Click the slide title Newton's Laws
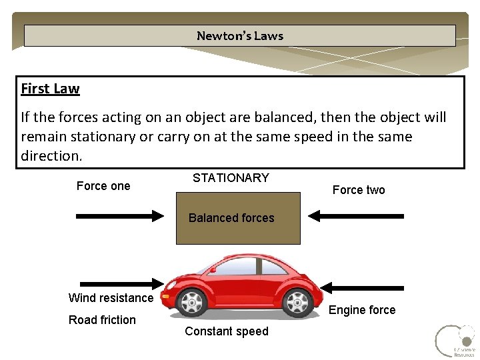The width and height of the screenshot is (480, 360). [x=240, y=36]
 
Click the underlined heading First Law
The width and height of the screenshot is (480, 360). [x=50, y=89]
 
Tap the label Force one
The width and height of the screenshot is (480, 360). [x=103, y=186]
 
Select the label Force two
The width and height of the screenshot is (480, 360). [x=359, y=190]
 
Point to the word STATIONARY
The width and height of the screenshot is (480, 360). [x=231, y=178]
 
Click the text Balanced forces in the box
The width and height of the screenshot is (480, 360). [x=231, y=218]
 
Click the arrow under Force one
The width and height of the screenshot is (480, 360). [x=120, y=216]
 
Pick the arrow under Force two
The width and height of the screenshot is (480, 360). [x=357, y=216]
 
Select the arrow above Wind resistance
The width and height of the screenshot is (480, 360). [x=120, y=283]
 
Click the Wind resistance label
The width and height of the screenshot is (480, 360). [x=111, y=298]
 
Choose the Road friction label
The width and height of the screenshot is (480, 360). [x=102, y=320]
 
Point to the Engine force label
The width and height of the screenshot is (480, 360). [x=362, y=310]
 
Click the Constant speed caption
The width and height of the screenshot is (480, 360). [x=227, y=331]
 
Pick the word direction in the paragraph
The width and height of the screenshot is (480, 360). [x=51, y=156]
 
